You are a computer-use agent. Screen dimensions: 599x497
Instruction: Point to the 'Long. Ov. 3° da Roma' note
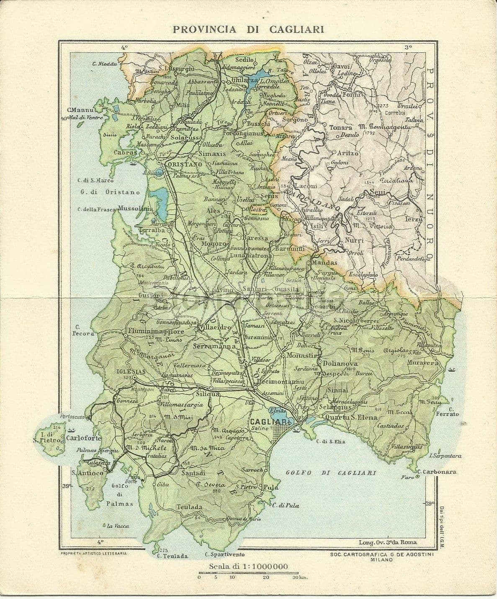[x=388, y=542]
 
